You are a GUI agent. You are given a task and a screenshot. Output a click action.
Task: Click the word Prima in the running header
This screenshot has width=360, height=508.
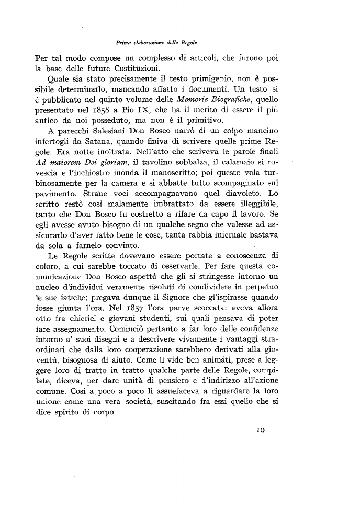123,41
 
